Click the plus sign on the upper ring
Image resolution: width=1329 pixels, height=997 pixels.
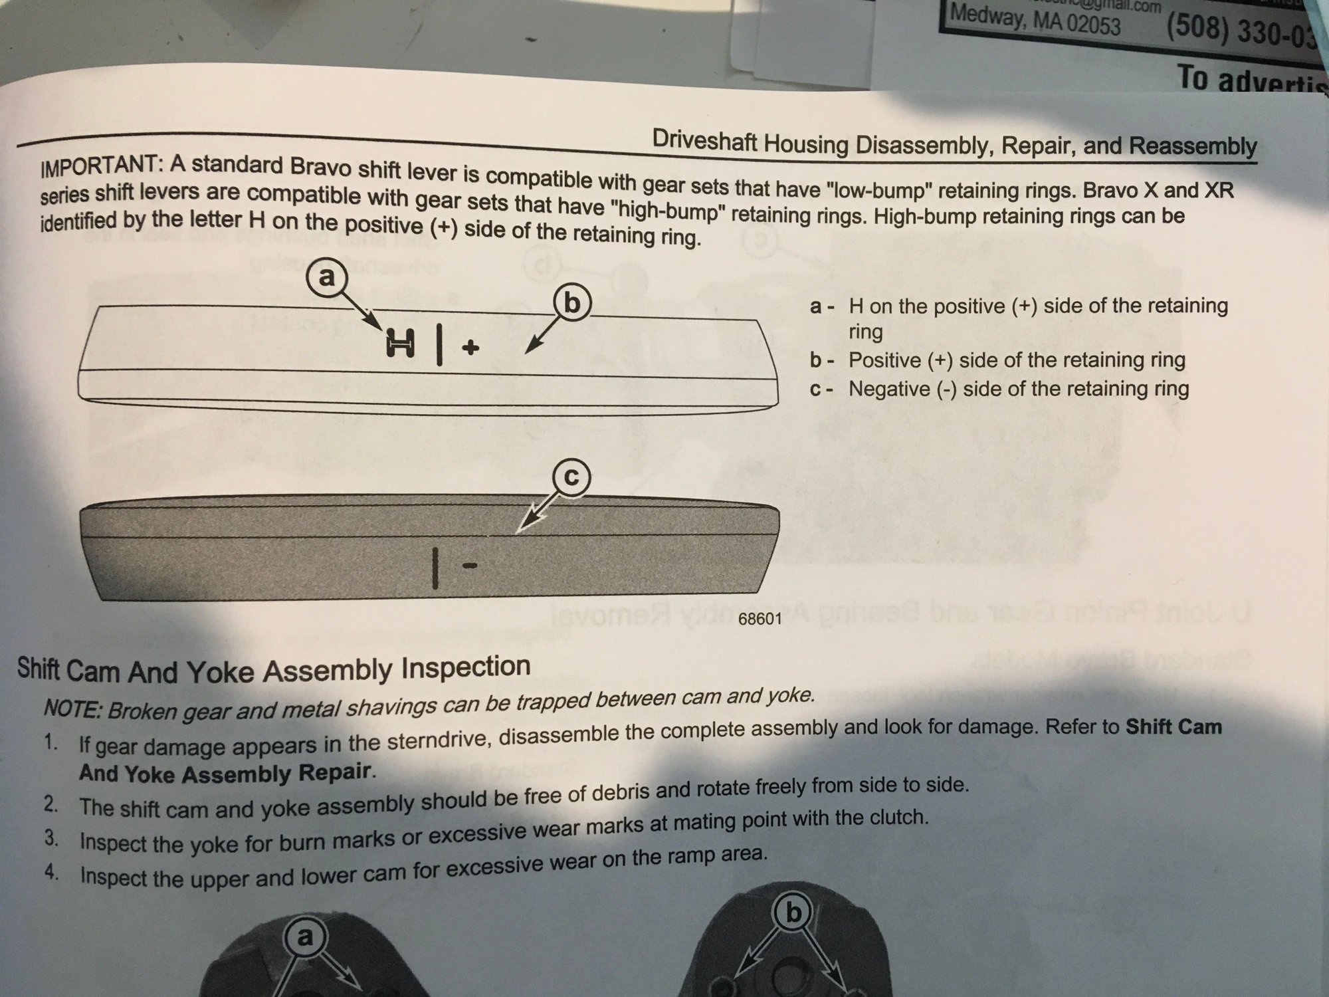pyautogui.click(x=470, y=347)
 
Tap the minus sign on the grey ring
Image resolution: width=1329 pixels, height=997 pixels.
pyautogui.click(x=470, y=566)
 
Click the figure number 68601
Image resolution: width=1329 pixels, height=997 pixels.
pyautogui.click(x=760, y=619)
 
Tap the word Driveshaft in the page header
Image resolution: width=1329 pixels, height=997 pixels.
pyautogui.click(x=705, y=140)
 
